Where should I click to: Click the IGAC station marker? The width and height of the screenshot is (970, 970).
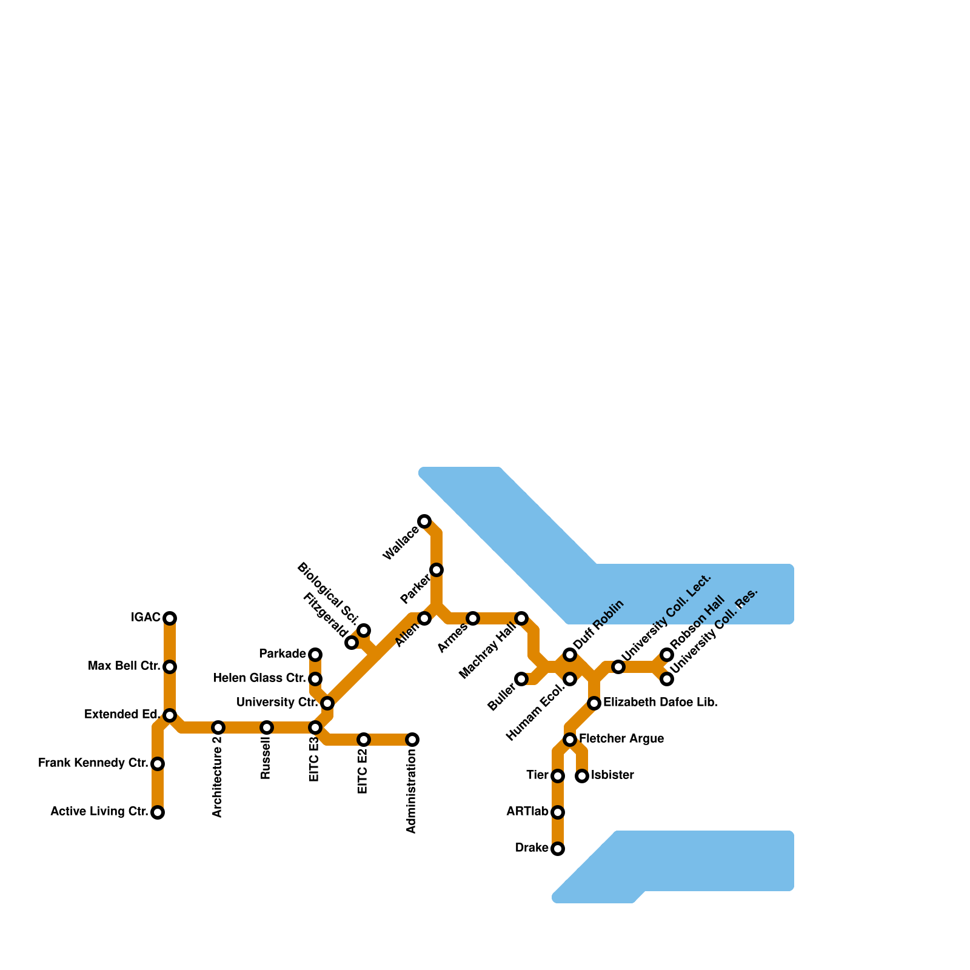click(170, 618)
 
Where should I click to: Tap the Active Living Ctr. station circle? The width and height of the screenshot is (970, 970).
click(158, 812)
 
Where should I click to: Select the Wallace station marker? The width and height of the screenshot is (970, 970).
click(424, 521)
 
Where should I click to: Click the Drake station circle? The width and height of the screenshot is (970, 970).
click(558, 849)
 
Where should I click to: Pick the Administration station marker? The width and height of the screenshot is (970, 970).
click(412, 740)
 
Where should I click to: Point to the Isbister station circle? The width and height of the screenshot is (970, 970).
click(582, 776)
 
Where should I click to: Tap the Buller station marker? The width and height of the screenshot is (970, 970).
click(521, 679)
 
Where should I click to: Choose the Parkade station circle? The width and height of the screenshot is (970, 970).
click(315, 655)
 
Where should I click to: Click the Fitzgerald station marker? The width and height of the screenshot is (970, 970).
click(352, 643)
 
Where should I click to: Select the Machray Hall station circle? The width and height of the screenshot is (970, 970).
click(521, 618)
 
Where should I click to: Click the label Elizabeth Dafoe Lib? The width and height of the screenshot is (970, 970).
click(660, 703)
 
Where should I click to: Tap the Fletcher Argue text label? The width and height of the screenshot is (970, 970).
click(621, 739)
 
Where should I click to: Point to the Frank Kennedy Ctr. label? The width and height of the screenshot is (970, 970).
click(93, 763)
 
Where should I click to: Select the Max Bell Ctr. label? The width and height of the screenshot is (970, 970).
click(124, 667)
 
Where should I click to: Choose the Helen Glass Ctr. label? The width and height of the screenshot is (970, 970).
click(259, 678)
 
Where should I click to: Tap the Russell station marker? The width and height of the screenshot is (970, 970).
click(267, 727)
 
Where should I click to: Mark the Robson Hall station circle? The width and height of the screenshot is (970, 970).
click(667, 655)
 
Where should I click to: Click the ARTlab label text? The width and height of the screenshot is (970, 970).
click(527, 812)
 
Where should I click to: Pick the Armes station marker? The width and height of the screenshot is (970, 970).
click(473, 618)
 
